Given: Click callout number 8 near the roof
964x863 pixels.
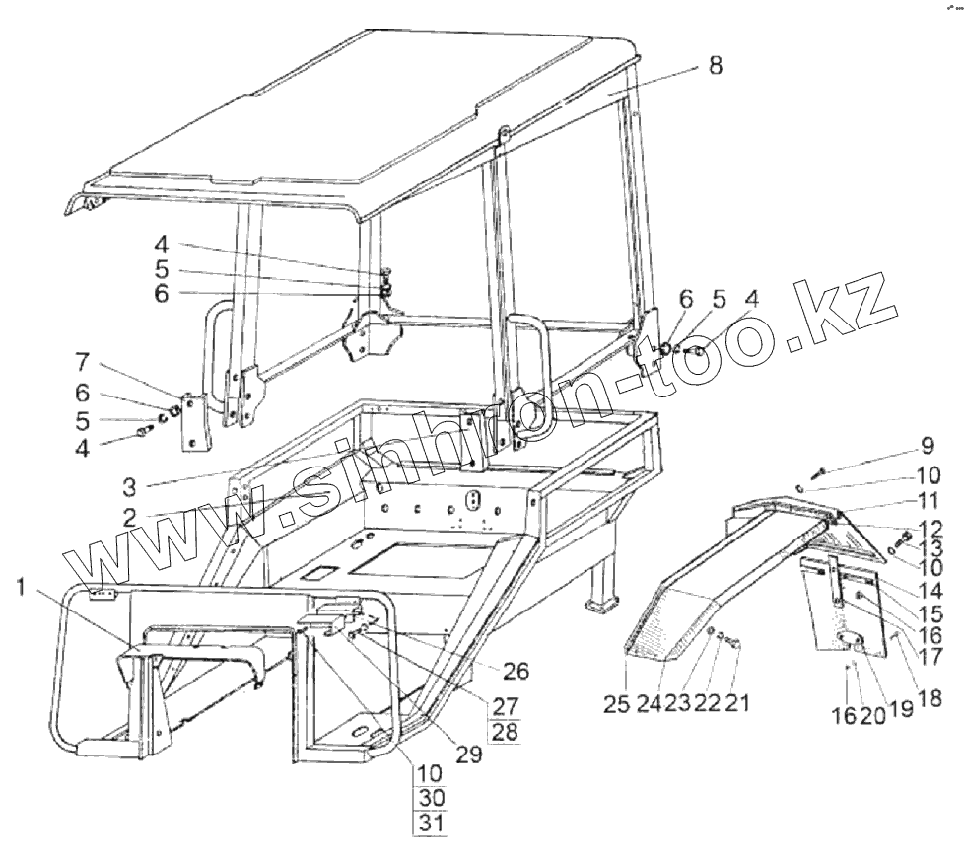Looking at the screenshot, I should point(714,66).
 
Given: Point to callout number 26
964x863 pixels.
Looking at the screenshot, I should point(516,672).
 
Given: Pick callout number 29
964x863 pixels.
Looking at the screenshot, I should point(469,755).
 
